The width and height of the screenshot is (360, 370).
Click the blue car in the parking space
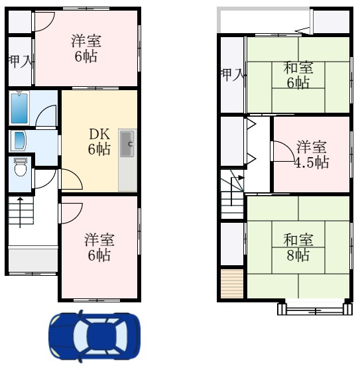94,336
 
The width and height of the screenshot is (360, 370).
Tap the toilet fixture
21,167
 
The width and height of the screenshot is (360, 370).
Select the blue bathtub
19,108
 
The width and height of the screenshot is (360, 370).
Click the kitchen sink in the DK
127,144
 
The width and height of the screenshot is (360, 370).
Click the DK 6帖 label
99,142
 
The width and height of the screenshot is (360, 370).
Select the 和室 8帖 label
298,247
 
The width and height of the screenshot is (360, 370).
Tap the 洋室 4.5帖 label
312,154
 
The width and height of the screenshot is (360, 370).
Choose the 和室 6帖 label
298,75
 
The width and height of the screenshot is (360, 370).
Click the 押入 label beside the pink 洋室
20,62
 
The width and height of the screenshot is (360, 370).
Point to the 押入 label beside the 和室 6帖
232,75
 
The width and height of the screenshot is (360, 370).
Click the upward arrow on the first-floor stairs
20,213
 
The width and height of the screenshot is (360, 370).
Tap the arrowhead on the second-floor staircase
241,178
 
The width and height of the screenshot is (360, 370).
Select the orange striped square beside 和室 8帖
232,284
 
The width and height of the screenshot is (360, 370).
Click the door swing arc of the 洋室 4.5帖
288,147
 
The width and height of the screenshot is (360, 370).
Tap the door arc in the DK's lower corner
76,175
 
